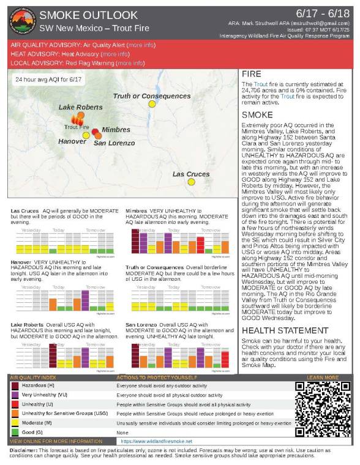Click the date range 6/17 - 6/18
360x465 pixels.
pyautogui.click(x=321, y=13)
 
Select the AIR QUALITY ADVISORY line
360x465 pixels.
pyautogui.click(x=83, y=45)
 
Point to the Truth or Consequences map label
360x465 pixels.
pyautogui.click(x=152, y=96)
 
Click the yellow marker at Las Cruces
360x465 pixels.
pyautogui.click(x=191, y=182)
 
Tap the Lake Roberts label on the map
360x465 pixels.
pyautogui.click(x=80, y=107)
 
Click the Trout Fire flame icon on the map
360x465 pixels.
pyautogui.click(x=78, y=120)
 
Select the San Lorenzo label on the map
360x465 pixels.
pyautogui.click(x=114, y=143)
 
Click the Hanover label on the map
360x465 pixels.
pyautogui.click(x=72, y=141)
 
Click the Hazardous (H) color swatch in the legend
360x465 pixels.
pyautogui.click(x=15, y=386)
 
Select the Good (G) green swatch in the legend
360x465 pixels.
pyautogui.click(x=15, y=432)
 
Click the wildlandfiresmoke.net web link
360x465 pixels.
pyautogui.click(x=153, y=441)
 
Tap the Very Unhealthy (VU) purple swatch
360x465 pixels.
pyautogui.click(x=15, y=395)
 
